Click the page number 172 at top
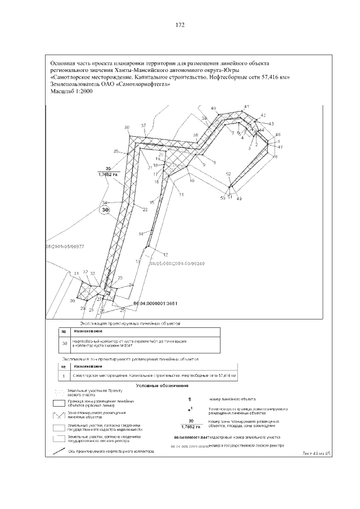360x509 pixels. (x=180, y=25)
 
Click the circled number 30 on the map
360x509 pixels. (x=105, y=210)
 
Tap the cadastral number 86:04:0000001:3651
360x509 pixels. (x=155, y=303)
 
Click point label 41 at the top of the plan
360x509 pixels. (x=246, y=106)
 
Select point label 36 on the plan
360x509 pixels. (x=127, y=127)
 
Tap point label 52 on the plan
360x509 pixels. (x=228, y=174)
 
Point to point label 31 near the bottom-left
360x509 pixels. (x=75, y=273)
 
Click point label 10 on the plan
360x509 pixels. (x=192, y=181)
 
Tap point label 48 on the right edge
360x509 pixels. (x=275, y=157)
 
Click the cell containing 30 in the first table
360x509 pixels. (x=64, y=343)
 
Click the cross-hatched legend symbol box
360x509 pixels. (x=59, y=415)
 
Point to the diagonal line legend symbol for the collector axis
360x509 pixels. (x=59, y=449)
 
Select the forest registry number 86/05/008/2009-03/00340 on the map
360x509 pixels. (x=175, y=263)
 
